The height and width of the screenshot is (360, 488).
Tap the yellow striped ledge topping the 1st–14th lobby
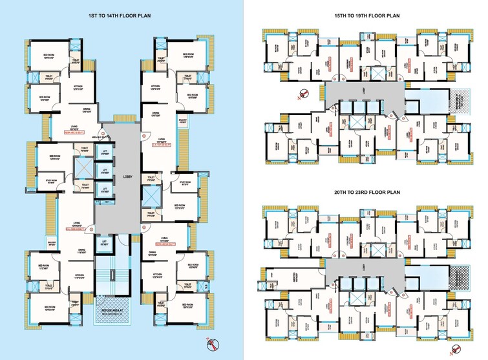[122, 118]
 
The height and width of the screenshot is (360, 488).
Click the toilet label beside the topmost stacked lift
[85, 149]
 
